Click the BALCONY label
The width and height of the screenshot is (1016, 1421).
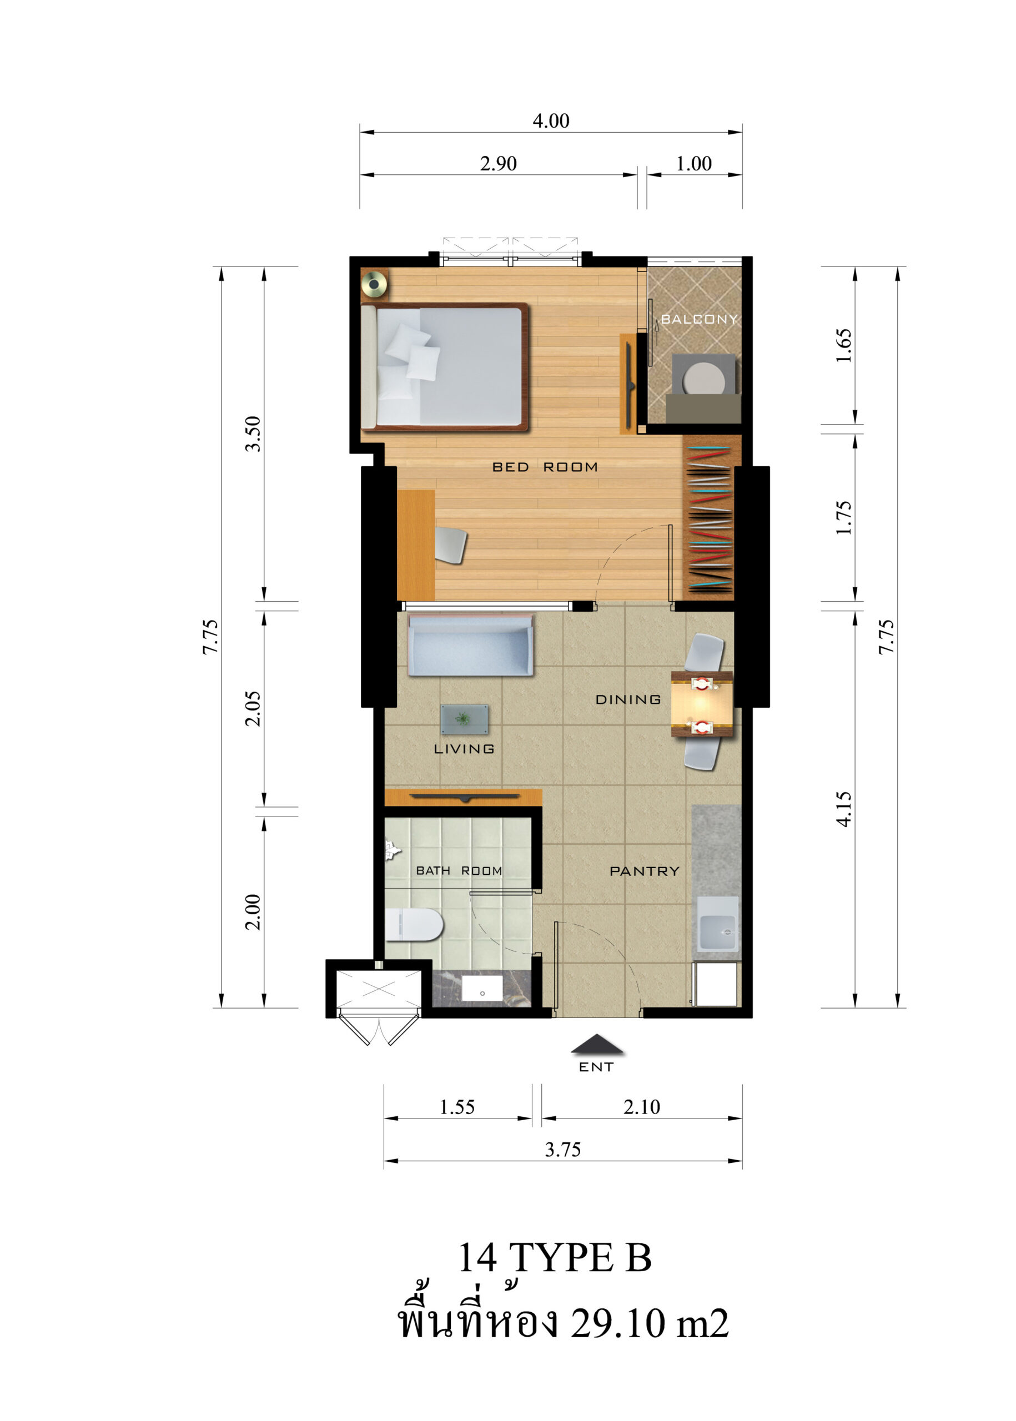(x=700, y=319)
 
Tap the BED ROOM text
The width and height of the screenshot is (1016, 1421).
(x=545, y=467)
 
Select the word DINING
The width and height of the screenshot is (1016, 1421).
(x=628, y=699)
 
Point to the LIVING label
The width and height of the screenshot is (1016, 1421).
(x=464, y=749)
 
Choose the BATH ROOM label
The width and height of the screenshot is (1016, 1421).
(x=459, y=870)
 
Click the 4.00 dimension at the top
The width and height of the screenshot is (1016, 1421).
(x=551, y=120)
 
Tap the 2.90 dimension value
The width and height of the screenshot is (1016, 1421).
(x=499, y=164)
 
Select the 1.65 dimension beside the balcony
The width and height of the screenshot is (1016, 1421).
(x=844, y=345)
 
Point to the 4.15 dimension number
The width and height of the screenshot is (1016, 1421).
(x=844, y=809)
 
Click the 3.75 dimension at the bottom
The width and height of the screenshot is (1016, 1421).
(x=563, y=1150)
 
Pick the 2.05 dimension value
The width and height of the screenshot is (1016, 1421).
(x=252, y=709)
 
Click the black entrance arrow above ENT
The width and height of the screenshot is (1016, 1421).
(x=597, y=1044)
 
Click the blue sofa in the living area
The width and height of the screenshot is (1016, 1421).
(x=470, y=645)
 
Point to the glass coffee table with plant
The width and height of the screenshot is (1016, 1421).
(x=464, y=719)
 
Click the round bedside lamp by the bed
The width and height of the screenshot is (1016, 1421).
(x=374, y=284)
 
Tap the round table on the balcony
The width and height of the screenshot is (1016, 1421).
(x=705, y=379)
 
